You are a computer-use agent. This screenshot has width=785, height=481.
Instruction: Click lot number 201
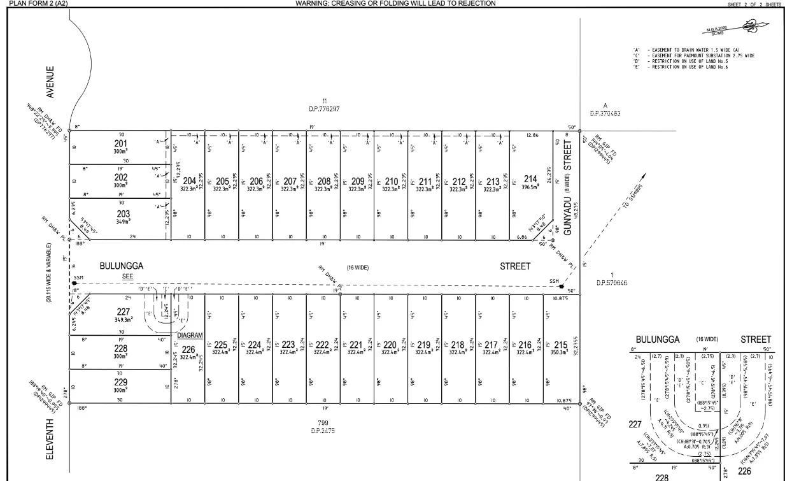coord(121,143)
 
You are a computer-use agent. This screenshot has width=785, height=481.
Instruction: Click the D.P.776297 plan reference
coord(324,109)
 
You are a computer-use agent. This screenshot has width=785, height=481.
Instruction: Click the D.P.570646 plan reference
coord(611,283)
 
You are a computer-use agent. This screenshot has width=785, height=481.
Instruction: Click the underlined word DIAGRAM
coord(190,335)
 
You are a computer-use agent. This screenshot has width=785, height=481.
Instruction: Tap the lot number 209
coord(358,182)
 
